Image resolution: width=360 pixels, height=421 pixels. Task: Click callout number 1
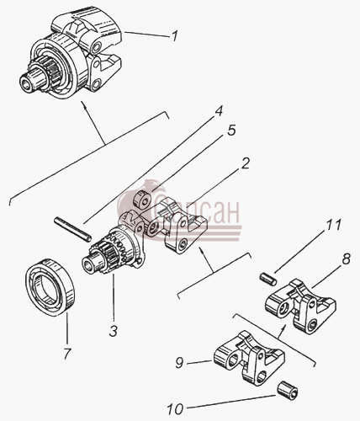click(174, 36)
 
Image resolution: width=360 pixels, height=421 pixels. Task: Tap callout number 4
click(218, 111)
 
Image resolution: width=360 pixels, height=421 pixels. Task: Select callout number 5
click(231, 131)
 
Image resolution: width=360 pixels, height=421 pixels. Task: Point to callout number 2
click(245, 163)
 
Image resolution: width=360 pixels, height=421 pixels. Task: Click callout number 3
click(114, 331)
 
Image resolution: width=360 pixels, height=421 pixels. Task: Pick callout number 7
click(67, 354)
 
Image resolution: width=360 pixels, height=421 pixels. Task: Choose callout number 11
click(333, 225)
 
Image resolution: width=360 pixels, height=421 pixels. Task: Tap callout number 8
click(346, 258)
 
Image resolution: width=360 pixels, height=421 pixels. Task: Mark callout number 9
click(179, 363)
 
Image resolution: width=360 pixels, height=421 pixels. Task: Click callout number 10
click(175, 409)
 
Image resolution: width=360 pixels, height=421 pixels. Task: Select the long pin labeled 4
click(72, 229)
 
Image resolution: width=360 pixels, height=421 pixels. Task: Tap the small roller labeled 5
click(141, 200)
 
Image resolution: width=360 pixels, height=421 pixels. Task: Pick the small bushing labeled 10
click(288, 389)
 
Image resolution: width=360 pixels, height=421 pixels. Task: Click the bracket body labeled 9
click(250, 357)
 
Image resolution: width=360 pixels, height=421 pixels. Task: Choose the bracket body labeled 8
click(300, 306)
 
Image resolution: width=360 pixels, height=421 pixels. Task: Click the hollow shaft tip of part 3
click(91, 263)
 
